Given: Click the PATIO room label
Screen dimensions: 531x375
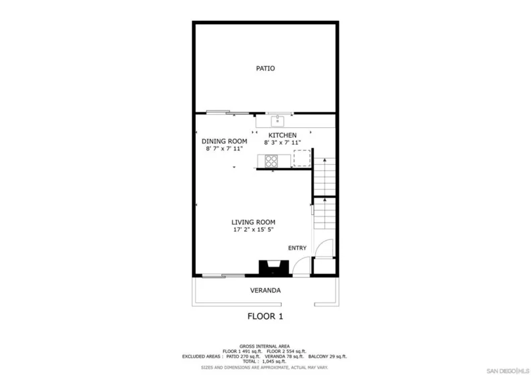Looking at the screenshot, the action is pyautogui.click(x=265, y=68).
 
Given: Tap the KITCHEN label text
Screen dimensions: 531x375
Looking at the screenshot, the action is pyautogui.click(x=282, y=135).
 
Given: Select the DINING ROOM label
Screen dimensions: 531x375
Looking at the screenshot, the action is pyautogui.click(x=224, y=141).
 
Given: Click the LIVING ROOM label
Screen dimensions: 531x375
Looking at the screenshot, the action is pyautogui.click(x=253, y=222).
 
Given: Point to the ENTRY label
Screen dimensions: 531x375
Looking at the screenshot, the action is pyautogui.click(x=297, y=248).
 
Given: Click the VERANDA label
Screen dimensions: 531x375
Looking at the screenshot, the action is pyautogui.click(x=265, y=290).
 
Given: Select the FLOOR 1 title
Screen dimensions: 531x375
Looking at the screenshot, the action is pyautogui.click(x=265, y=316).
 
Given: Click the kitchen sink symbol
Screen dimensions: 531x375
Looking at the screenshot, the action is pyautogui.click(x=278, y=121).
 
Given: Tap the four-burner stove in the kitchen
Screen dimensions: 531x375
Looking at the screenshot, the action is pyautogui.click(x=271, y=161).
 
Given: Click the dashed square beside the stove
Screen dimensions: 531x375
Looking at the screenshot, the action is pyautogui.click(x=302, y=158).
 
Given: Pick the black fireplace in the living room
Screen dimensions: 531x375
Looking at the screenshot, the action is pyautogui.click(x=274, y=268).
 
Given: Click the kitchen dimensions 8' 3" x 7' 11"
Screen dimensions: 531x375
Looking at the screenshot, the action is pyautogui.click(x=282, y=143).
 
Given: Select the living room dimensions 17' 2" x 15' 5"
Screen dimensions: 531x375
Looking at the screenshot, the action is pyautogui.click(x=253, y=230).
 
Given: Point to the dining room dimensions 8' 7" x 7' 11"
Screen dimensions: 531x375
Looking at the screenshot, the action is pyautogui.click(x=224, y=149).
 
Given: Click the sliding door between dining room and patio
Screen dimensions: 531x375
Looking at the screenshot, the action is pyautogui.click(x=227, y=112).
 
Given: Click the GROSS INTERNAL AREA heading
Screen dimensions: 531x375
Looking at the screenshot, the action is pyautogui.click(x=264, y=346).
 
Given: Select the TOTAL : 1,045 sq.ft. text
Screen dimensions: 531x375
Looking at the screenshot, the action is pyautogui.click(x=264, y=362).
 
